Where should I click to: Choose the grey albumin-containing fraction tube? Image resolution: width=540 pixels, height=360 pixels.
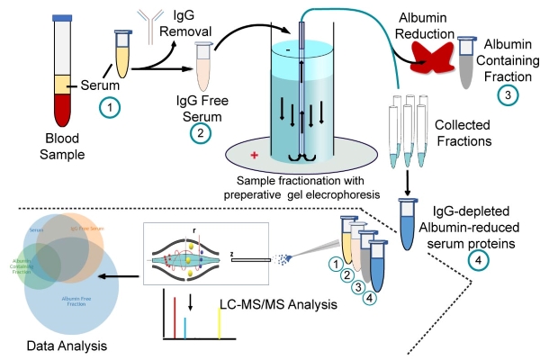click(466, 63)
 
